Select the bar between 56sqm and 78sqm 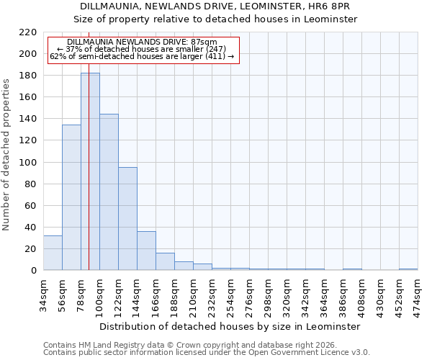(71, 197)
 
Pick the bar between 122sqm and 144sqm (127, 219)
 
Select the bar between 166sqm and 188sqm (165, 261)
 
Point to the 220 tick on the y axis (29, 32)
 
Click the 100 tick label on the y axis (29, 163)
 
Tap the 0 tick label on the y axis (34, 271)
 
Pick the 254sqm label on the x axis (230, 293)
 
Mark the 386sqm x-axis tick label (343, 293)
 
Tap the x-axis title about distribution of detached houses (229, 326)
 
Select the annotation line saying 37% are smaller (141, 49)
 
